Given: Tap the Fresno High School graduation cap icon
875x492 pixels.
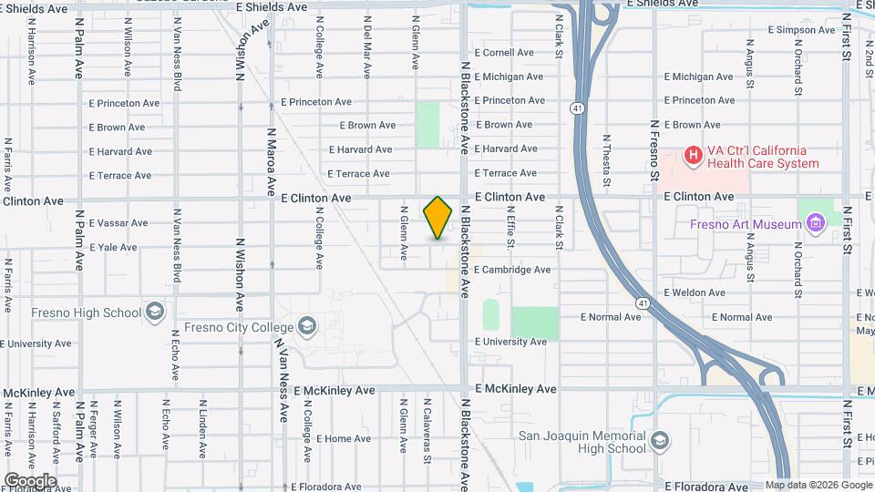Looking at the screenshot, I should [x=155, y=313].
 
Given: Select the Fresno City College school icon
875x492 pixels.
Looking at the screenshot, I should [x=307, y=327].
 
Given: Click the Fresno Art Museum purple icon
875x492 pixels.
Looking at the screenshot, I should [x=816, y=220].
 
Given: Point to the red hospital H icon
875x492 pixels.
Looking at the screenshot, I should [x=693, y=157].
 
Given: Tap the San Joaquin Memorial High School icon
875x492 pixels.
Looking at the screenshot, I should [x=657, y=442].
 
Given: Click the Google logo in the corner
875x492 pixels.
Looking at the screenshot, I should [x=30, y=480].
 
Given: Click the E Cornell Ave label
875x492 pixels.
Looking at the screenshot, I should [x=503, y=53].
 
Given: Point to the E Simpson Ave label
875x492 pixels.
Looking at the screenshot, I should [x=802, y=30].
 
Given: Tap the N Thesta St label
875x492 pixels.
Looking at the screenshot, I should [x=606, y=162].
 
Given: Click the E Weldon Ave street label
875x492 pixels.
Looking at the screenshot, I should [x=695, y=292].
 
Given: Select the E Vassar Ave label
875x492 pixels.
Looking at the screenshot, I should [x=118, y=223].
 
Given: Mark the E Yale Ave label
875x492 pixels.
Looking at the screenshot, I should [x=113, y=247].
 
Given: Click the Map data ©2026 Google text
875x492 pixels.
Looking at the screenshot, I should [x=818, y=485].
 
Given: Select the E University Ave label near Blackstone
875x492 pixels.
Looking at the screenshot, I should [x=510, y=342].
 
